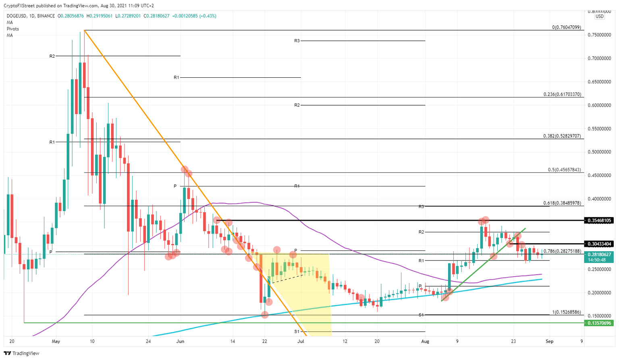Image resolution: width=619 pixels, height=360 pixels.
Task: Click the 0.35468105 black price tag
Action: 599,220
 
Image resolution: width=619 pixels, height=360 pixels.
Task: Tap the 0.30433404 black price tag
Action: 599,244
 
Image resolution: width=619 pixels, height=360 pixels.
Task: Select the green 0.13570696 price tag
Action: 599,323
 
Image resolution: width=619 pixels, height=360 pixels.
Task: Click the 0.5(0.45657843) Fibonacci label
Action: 564,170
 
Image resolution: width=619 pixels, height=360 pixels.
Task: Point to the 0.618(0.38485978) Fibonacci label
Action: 562,203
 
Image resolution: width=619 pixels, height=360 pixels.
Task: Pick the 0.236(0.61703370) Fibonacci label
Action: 562,94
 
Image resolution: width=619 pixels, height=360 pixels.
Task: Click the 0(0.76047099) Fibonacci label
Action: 566,27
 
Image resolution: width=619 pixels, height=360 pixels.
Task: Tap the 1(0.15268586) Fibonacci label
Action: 566,312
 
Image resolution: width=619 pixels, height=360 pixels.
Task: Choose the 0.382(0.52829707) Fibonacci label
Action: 562,136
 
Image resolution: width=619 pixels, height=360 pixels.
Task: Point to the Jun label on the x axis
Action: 180,341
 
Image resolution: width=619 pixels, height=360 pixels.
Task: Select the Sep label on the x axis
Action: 549,341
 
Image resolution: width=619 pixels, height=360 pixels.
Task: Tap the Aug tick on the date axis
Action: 425,341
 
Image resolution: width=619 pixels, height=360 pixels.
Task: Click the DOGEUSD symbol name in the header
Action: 17,16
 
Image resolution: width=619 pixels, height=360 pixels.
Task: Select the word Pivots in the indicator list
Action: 13,29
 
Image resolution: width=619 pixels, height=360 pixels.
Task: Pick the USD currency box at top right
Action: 600,17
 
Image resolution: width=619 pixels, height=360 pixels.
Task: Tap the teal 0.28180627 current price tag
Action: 599,254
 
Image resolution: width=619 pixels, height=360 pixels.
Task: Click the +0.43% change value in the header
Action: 208,16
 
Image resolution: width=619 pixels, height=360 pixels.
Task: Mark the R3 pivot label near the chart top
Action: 297,41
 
